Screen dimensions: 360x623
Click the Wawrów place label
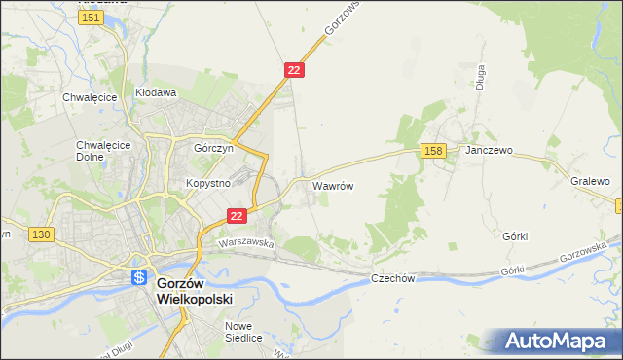332,184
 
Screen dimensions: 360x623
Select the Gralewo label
590,181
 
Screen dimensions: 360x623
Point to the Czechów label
393,278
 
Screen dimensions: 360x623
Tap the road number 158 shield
434,151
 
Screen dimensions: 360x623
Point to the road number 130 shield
40,234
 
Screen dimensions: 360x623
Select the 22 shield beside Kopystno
236,216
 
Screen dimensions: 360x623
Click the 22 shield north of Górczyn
295,70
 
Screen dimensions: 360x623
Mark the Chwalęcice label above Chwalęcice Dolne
90,97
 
